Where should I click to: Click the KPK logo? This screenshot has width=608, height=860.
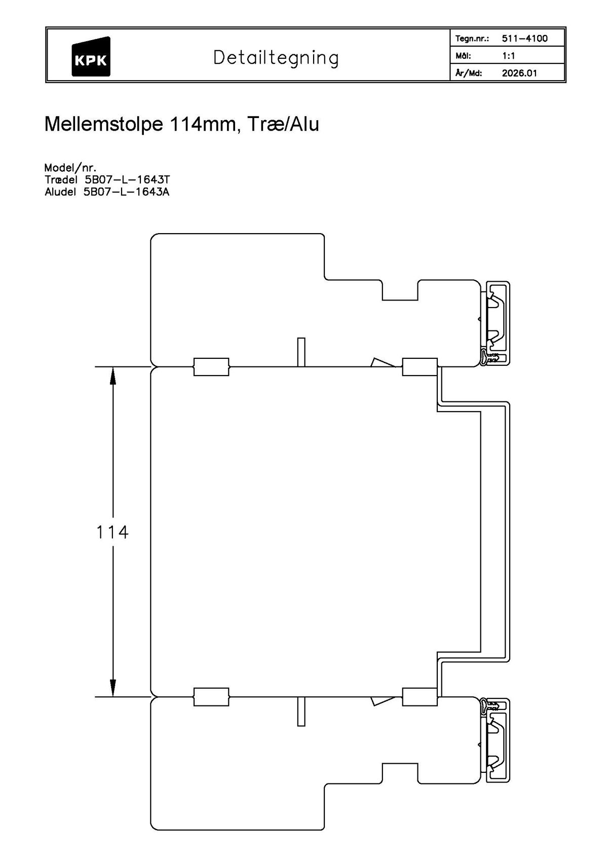[91, 57]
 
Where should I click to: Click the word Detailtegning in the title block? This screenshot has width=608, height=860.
[276, 58]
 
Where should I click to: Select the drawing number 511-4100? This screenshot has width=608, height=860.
[524, 39]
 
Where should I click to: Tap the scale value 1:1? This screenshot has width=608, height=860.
[508, 56]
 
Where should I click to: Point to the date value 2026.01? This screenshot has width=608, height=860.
[519, 73]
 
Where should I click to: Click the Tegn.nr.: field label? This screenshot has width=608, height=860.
[472, 39]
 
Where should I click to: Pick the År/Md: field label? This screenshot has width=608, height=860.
[469, 73]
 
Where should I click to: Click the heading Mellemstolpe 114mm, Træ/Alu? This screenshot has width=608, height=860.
[181, 124]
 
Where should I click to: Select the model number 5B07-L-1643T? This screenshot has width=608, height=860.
[126, 179]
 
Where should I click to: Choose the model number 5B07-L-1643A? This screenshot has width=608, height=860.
[126, 192]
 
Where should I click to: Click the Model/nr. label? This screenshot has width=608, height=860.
[70, 168]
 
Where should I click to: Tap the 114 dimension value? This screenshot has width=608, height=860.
[112, 532]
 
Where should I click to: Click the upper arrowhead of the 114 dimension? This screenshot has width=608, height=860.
[112, 375]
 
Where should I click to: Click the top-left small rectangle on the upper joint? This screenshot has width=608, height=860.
[211, 366]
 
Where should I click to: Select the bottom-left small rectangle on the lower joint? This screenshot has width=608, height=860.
[211, 697]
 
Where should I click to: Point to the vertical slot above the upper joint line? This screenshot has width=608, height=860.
[301, 352]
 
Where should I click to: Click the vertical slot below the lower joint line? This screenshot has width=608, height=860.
[301, 712]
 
